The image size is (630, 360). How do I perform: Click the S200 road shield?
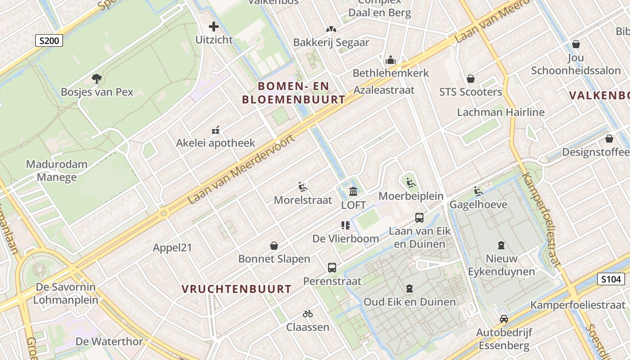[49, 41]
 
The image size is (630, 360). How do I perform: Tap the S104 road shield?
[611, 279]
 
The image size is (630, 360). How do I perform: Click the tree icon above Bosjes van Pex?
[96, 79]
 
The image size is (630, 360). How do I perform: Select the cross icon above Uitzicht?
[214, 27]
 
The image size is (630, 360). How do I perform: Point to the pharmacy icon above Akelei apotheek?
[216, 130]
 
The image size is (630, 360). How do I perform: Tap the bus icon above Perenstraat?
[332, 268]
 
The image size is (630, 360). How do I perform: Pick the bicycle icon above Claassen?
[308, 314]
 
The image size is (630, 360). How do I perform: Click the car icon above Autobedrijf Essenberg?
[504, 319]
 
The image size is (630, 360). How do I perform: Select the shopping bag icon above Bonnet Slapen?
[274, 246]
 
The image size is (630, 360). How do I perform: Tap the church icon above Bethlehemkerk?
[390, 60]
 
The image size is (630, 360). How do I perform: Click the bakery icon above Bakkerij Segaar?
[331, 29]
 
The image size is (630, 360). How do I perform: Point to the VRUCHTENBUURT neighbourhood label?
[237, 289]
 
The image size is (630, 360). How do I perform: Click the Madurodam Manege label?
[57, 171]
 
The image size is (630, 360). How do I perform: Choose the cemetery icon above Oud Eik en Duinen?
[409, 288]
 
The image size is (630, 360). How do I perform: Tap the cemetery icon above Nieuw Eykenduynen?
[501, 245]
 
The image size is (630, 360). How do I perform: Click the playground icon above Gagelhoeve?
[478, 191]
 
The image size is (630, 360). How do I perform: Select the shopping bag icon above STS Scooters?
[471, 79]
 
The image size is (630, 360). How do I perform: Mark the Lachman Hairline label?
[500, 112]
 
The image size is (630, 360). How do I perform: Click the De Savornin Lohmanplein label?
[66, 293]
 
